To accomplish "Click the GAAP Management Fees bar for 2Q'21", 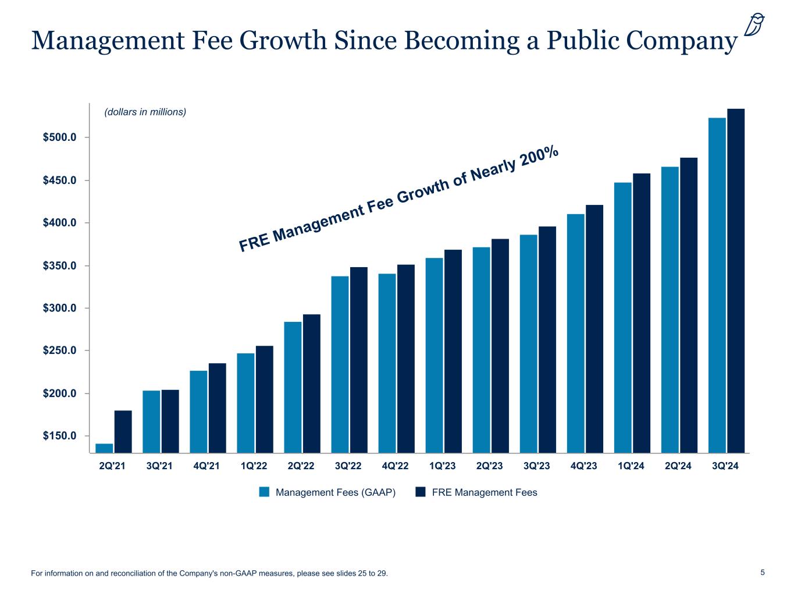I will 105,448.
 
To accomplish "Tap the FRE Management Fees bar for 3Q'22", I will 359,360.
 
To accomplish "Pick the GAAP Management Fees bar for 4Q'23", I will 576,334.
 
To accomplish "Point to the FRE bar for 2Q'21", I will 123,431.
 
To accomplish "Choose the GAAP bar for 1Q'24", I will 623,318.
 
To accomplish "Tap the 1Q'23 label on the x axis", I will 443,466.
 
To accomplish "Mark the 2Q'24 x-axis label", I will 679,466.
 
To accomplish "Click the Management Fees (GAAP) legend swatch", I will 265,492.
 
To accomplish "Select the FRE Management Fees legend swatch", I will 421,492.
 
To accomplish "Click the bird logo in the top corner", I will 754,26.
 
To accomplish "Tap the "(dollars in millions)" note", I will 145,112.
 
